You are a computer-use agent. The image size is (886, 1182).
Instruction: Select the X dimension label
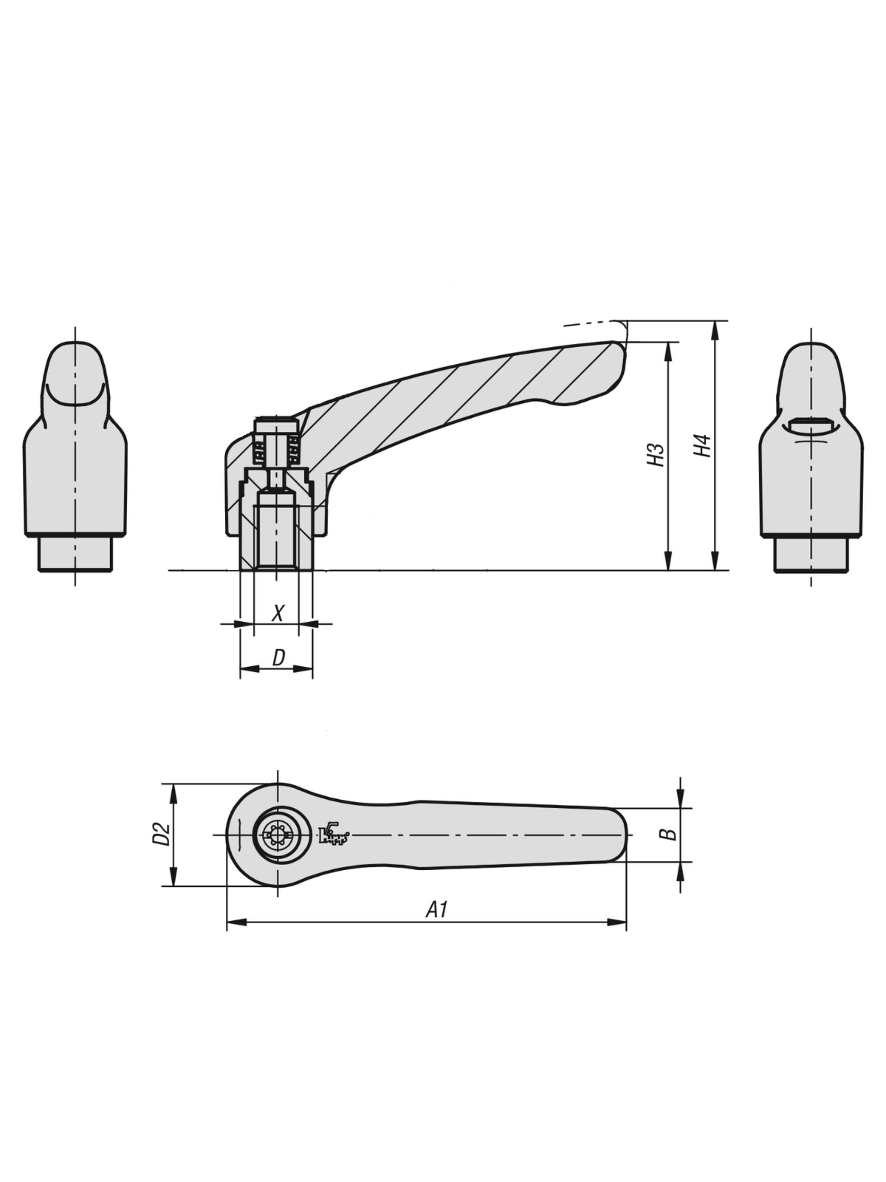tap(277, 614)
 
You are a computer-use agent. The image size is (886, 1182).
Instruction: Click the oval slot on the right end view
tap(811, 424)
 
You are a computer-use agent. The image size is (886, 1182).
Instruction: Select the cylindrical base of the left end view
tap(75, 553)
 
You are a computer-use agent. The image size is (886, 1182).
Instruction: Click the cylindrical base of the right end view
tap(811, 555)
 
